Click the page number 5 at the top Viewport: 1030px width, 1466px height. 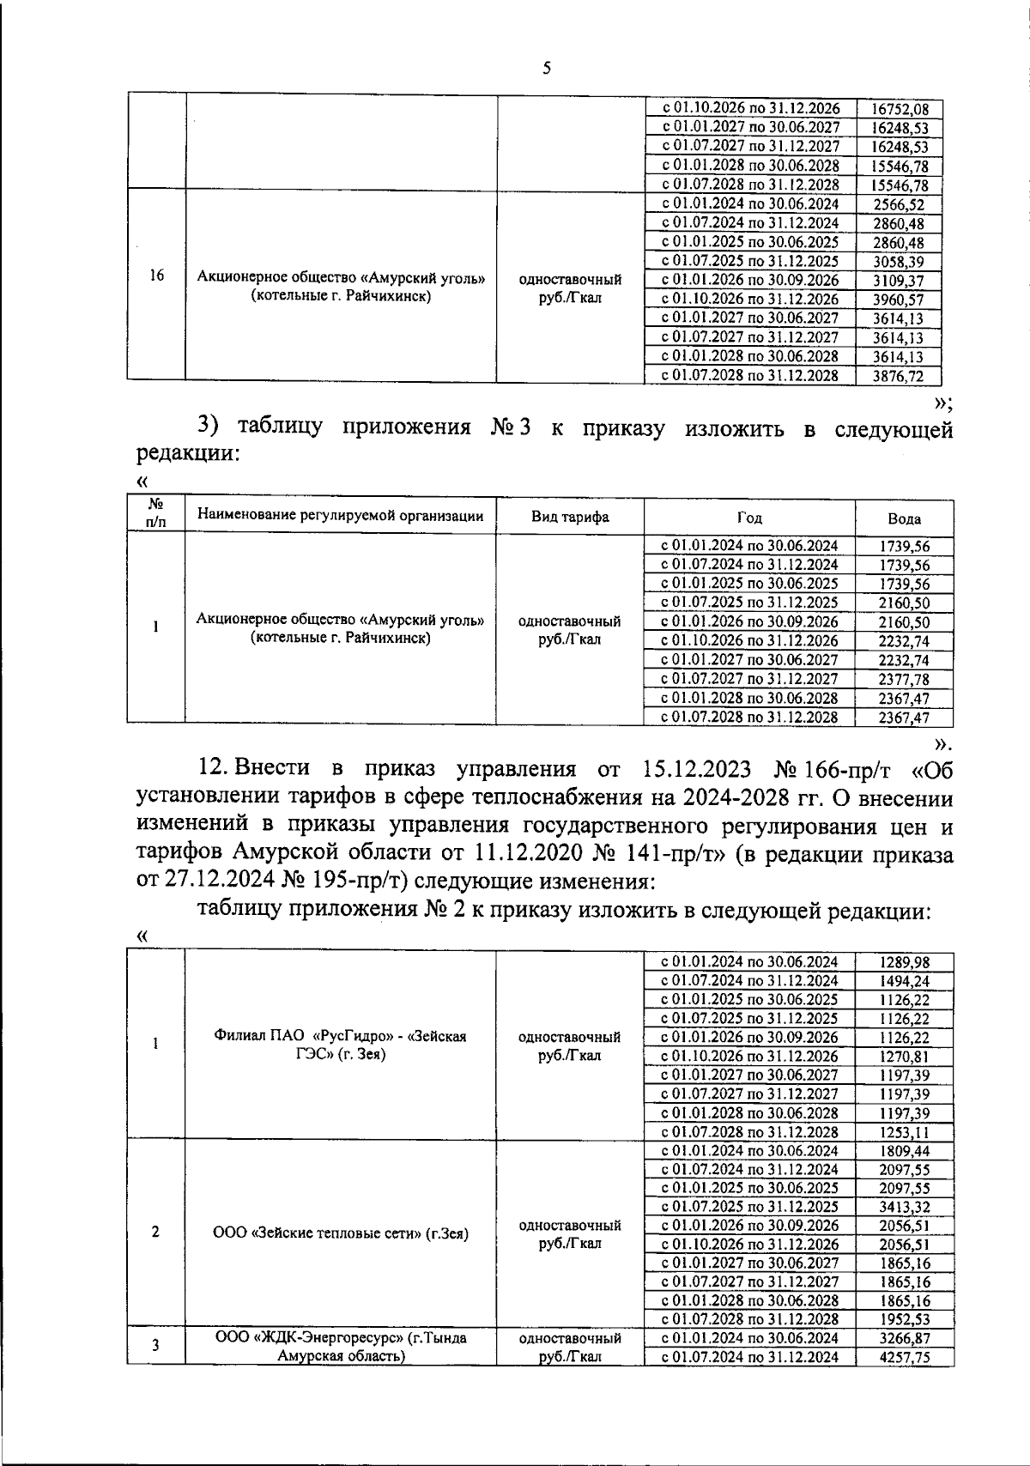547,70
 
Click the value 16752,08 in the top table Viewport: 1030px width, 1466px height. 899,109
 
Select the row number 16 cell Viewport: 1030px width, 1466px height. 156,276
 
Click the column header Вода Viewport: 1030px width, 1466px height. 904,518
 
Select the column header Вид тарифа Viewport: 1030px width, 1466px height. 570,517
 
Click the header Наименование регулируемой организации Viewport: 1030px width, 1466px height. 340,516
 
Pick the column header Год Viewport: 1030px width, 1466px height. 748,518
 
